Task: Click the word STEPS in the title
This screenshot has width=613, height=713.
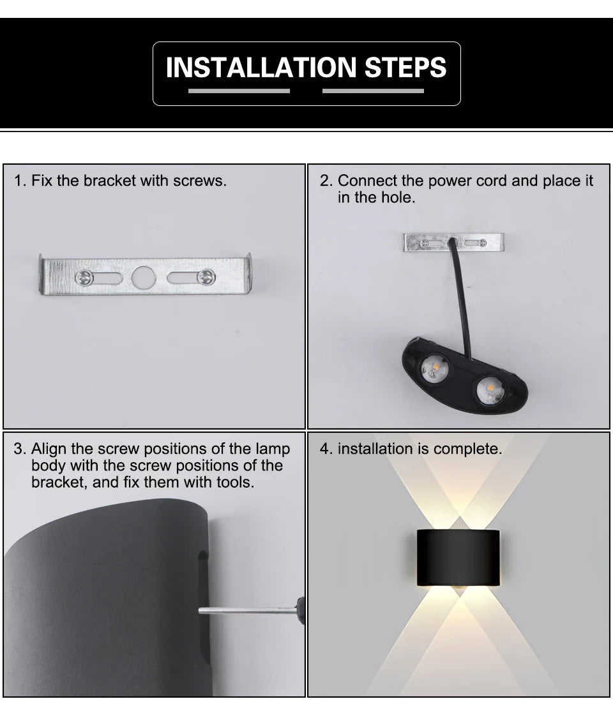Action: [405, 68]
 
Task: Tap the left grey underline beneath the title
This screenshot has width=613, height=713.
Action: [239, 91]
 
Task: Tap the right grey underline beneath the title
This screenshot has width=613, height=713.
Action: [373, 91]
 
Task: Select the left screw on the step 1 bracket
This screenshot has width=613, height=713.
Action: [83, 277]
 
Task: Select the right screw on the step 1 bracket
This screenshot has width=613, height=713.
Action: [206, 277]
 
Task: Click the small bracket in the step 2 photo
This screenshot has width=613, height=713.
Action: [453, 243]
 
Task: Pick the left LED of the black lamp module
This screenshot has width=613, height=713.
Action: [434, 369]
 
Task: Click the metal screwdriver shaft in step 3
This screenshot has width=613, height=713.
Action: [246, 611]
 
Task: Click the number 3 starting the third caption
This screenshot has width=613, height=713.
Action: [19, 449]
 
